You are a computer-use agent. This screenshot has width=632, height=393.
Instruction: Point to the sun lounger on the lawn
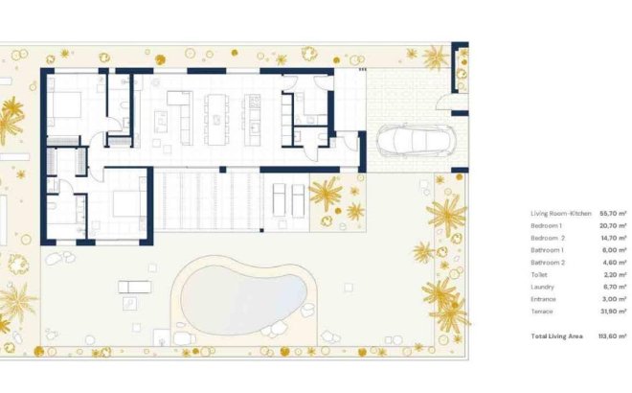coord(135,286)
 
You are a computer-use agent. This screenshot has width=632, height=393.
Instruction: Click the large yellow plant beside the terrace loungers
coord(325,194)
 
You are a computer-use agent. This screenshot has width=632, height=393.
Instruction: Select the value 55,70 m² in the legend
coord(612,213)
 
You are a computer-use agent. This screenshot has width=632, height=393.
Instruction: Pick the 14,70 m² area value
coord(612,237)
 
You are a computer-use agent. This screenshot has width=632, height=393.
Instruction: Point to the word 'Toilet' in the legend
coord(538,274)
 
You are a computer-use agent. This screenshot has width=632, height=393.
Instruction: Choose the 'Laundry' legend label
coord(541,287)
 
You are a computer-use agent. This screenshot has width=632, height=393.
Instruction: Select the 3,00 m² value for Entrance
coord(613,299)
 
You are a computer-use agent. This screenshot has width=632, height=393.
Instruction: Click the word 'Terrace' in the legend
coord(541,311)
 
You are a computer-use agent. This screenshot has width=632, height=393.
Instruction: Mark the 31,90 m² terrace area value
coord(612,311)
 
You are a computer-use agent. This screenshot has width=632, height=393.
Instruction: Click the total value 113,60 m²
coord(610,335)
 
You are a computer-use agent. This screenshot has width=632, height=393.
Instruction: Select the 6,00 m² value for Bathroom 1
coord(613,249)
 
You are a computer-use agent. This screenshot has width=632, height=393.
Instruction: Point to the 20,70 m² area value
coord(612,225)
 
